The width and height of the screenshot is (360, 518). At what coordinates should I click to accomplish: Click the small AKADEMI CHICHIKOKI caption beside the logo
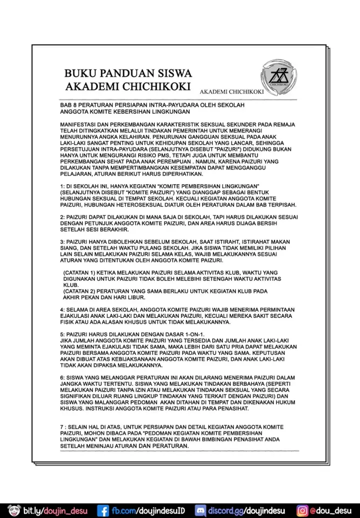[x=231, y=92]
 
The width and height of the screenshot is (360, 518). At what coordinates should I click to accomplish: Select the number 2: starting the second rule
[x=62, y=217]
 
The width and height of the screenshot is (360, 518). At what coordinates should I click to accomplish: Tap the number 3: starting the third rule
[x=62, y=241]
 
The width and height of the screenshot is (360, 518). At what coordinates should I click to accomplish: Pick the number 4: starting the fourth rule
[x=62, y=309]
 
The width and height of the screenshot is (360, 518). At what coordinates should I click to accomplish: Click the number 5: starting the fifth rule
[x=62, y=334]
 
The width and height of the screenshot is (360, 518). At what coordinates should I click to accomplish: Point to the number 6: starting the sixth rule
[x=62, y=377]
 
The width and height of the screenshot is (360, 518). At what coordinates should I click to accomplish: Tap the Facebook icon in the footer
[x=103, y=510]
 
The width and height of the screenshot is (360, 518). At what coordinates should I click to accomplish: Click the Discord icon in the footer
[x=200, y=510]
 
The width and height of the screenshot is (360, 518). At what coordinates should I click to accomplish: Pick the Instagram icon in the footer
[x=302, y=510]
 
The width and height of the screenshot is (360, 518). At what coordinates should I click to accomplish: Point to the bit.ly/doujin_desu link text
[x=55, y=510]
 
